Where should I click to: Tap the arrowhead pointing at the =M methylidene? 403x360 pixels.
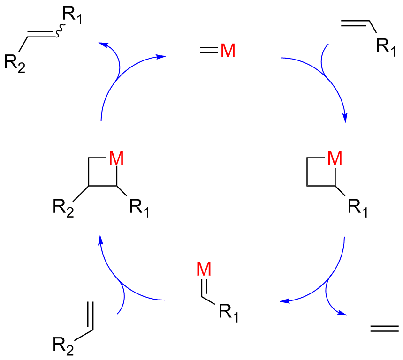point(161,57)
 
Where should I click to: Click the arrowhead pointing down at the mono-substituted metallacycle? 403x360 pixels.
point(345,118)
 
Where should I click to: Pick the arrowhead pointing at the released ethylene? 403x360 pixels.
point(345,313)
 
